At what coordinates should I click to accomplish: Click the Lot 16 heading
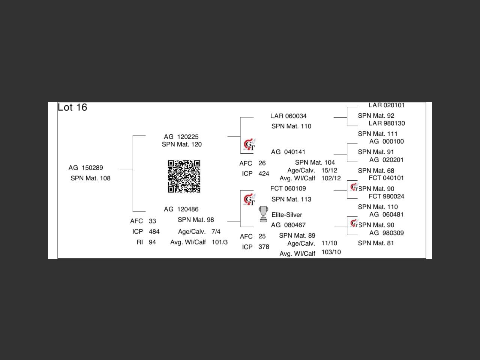(72, 107)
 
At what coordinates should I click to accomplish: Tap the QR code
(184, 176)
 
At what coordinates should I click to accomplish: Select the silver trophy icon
(264, 214)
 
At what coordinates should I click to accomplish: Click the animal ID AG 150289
(85, 168)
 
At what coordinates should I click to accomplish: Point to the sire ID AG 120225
(181, 137)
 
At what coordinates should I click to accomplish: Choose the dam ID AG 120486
(181, 209)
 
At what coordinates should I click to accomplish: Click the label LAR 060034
(288, 116)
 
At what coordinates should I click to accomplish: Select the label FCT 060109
(288, 188)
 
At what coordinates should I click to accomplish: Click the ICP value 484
(154, 231)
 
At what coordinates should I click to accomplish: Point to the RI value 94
(152, 242)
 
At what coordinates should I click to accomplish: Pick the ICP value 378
(264, 247)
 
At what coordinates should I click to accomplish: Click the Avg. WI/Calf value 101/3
(220, 242)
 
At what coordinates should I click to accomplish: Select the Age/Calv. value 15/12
(329, 170)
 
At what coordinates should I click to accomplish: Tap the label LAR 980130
(387, 123)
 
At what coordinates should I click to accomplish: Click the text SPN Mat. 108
(90, 178)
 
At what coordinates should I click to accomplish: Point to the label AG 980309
(386, 233)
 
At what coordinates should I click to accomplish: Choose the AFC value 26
(262, 163)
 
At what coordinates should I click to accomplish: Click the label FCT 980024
(386, 196)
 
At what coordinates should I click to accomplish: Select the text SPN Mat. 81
(376, 243)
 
